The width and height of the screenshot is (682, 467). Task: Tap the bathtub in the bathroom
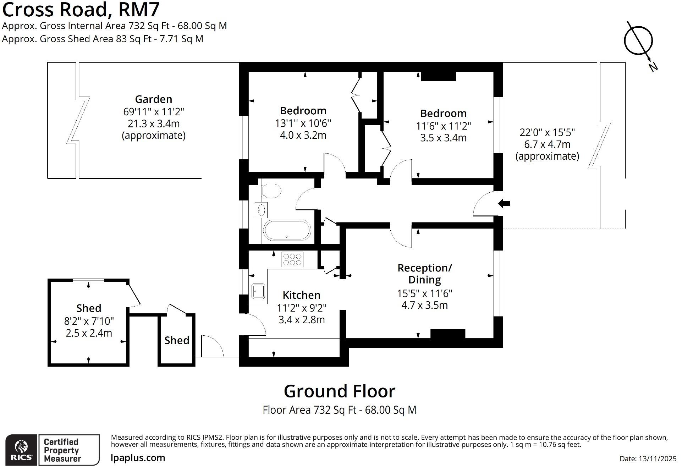coord(287,231)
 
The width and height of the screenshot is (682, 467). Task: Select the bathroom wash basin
coord(261,210)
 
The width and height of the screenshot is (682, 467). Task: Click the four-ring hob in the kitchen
coord(292,259)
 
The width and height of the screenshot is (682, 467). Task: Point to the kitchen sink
coord(258,291)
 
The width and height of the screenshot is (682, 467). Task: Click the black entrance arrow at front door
coord(504,203)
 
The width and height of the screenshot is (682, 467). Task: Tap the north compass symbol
coord(638,41)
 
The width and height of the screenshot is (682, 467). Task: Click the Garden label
coord(153,99)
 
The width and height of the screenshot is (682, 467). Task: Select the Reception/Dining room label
coord(424,274)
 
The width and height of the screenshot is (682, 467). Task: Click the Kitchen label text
coord(301,295)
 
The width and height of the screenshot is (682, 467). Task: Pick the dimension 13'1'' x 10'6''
coord(303,123)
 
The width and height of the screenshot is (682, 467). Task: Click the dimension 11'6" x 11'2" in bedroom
coord(443,126)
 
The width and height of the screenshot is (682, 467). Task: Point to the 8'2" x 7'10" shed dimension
coord(89,321)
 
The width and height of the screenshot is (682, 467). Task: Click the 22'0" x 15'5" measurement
coord(547,132)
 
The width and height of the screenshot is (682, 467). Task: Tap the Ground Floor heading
coord(339,391)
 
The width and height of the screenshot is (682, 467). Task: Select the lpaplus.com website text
coord(138,458)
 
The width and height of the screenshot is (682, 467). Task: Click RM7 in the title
coord(139,10)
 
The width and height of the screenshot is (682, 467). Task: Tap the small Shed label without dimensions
coord(177,340)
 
